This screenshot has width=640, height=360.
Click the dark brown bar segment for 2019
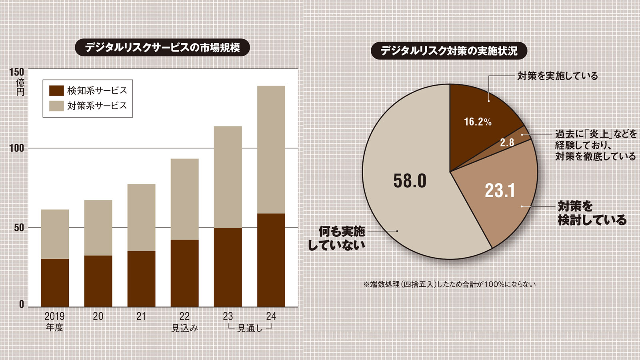tap(55, 283)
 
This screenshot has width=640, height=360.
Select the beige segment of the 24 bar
tap(271, 150)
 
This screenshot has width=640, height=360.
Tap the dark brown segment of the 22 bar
tap(184, 273)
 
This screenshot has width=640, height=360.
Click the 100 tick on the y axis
tap(16, 148)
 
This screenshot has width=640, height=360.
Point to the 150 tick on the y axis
tap(16, 72)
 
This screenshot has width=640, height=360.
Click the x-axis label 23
tap(228, 316)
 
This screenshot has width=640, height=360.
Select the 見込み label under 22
tap(184, 328)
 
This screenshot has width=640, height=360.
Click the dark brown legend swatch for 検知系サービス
tap(56, 90)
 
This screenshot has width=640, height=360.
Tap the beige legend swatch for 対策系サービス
tap(56, 106)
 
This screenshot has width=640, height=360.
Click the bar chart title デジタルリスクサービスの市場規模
tap(162, 48)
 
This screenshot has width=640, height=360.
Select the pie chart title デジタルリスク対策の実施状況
tap(449, 51)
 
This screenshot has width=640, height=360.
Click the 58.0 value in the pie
tap(410, 181)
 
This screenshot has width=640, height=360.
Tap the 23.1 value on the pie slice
tap(500, 190)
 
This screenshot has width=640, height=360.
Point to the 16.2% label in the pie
tap(478, 122)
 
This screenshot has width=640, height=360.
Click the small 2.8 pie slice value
tap(507, 142)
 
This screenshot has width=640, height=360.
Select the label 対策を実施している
tap(557, 76)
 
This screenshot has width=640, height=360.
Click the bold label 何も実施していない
tap(337, 238)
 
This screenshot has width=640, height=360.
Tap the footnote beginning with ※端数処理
tap(449, 284)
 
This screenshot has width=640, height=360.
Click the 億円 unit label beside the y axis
tap(20, 87)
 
